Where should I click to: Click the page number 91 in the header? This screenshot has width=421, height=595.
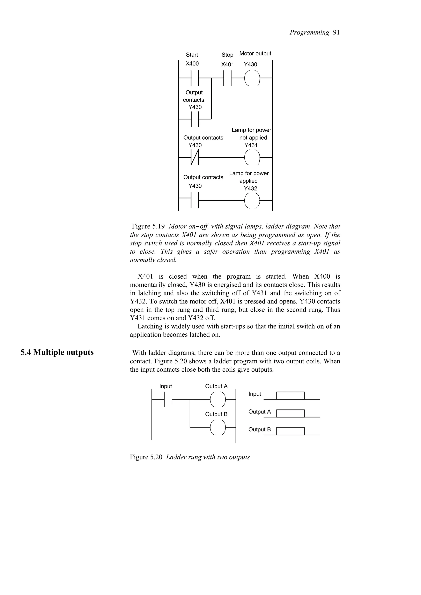[336, 32]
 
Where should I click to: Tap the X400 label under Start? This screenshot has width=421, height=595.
[192, 64]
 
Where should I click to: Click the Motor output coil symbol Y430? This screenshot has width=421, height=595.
[252, 78]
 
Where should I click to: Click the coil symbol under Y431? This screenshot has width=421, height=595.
[252, 157]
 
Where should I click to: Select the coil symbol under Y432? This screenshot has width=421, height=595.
[252, 200]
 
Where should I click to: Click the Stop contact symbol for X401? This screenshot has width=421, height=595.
[227, 78]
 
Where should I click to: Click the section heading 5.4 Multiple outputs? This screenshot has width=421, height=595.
[57, 353]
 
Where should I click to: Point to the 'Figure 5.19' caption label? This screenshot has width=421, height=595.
[148, 226]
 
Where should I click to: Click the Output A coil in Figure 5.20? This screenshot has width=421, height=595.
[218, 399]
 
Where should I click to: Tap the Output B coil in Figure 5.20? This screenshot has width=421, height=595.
[218, 427]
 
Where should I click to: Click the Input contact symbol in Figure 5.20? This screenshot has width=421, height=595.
[168, 399]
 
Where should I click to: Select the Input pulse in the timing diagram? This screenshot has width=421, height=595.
[290, 396]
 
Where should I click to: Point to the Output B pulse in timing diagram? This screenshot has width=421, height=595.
[290, 431]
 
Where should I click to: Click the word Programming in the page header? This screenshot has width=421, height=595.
[309, 32]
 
